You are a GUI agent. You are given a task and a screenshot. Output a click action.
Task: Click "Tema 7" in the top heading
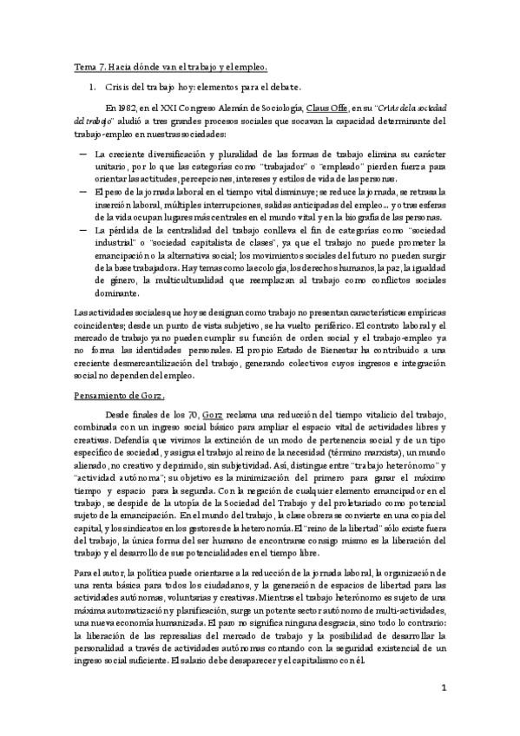point(87,67)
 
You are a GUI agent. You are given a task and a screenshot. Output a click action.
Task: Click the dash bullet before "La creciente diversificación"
point(82,154)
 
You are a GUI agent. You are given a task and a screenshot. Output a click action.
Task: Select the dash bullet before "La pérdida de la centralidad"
point(82,229)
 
